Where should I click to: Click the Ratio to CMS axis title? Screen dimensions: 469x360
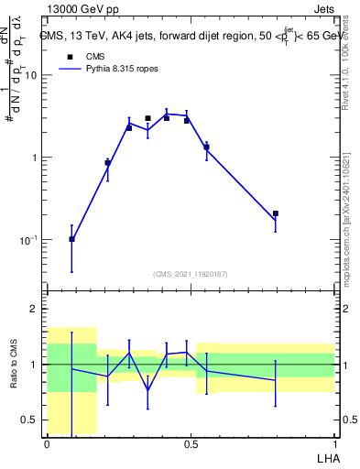click(14, 365)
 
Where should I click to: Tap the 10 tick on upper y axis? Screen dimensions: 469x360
click(32, 75)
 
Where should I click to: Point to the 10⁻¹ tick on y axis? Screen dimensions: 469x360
click(30, 240)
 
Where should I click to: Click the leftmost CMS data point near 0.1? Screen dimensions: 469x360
click(72, 239)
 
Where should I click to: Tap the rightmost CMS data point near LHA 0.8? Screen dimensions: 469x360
click(276, 213)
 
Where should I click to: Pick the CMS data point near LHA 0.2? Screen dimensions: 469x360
click(107, 163)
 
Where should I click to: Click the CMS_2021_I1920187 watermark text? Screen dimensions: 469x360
click(191, 274)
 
